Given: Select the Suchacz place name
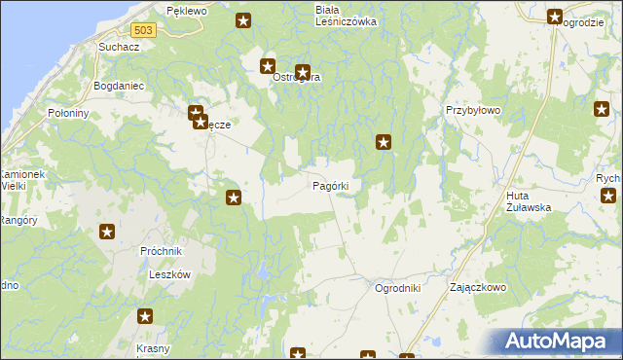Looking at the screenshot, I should tap(118, 47).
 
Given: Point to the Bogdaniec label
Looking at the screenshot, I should tap(118, 86).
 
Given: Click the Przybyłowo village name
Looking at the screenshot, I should tap(472, 111).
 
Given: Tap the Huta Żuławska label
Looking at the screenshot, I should tap(530, 201).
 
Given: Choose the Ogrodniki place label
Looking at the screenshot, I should tap(397, 288).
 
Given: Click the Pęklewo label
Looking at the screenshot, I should tap(187, 10).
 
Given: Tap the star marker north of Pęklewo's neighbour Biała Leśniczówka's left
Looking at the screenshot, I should tap(243, 19).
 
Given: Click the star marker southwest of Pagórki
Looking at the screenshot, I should tap(234, 198).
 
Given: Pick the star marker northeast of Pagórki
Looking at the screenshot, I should tap(385, 143).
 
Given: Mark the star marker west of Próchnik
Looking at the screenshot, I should tap(107, 232).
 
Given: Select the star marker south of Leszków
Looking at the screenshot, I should tap(145, 316).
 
